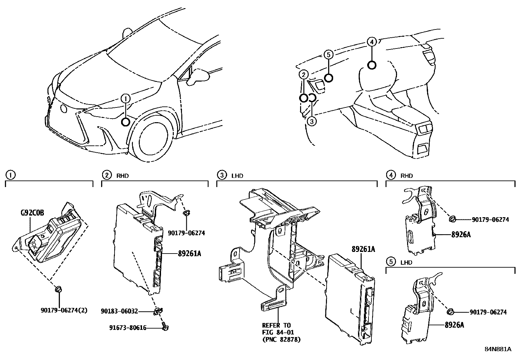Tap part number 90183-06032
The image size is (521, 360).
coord(119,311)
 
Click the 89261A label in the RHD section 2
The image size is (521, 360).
coord(189,253)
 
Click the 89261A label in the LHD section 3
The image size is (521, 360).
coord(363,249)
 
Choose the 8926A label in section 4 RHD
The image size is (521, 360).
coord(461,235)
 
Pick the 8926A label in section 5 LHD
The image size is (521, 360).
coord(454,325)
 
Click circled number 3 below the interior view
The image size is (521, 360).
coord(312,121)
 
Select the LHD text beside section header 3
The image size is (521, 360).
coord(237,176)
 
